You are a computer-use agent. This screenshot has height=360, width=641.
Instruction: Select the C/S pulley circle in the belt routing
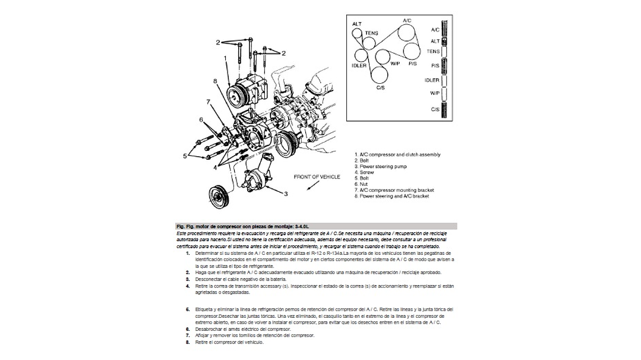click(x=378, y=74)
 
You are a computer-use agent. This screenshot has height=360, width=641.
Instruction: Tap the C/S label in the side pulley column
click(x=435, y=109)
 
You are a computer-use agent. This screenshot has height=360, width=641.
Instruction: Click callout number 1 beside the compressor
click(x=226, y=58)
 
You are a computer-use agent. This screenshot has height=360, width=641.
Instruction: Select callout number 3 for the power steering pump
click(x=286, y=193)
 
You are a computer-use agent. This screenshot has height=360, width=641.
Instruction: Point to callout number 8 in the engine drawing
click(x=215, y=81)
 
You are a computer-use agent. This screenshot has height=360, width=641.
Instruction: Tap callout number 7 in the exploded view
click(x=208, y=102)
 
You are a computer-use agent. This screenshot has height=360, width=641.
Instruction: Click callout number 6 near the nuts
click(x=201, y=120)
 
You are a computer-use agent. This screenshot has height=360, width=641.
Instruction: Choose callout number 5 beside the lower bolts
click(x=185, y=156)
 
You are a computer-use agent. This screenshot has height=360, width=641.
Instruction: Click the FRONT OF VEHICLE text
click(x=317, y=177)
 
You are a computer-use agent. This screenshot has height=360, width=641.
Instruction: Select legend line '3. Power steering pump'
click(x=383, y=166)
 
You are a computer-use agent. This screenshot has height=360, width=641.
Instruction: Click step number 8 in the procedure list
click(x=188, y=342)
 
